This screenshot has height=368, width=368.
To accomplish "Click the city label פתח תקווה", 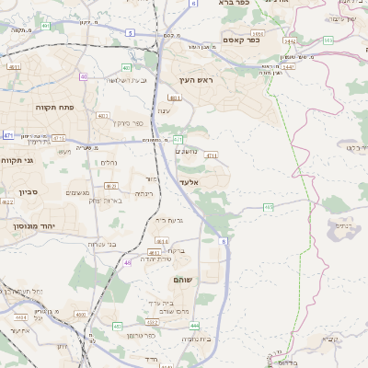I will (x=54, y=108).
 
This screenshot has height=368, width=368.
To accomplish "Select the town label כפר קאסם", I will (x=242, y=40).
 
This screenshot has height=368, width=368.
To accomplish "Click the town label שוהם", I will (x=181, y=278).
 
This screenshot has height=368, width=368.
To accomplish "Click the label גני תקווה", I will (x=17, y=161).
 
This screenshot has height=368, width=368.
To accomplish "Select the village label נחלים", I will (x=108, y=162).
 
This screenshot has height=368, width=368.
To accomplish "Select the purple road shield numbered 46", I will (x=127, y=263).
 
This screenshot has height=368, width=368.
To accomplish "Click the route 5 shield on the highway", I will (x=130, y=33).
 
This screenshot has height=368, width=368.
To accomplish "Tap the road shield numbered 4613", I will (x=162, y=240).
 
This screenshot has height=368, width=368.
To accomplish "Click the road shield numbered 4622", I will (x=7, y=201).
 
